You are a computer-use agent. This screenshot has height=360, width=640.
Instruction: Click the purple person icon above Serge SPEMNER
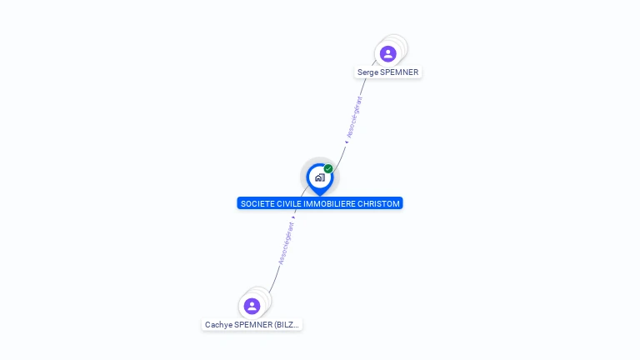(x=387, y=54)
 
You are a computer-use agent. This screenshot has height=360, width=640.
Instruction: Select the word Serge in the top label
(x=367, y=72)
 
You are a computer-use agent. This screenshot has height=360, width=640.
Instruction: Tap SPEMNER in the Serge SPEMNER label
(x=399, y=72)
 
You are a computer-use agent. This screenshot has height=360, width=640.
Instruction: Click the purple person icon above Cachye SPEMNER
(x=252, y=306)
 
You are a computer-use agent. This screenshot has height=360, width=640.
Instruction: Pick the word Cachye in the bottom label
(x=218, y=325)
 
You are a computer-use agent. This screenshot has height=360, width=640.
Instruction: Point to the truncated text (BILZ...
(x=287, y=325)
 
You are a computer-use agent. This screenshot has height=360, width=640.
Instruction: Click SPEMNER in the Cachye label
(x=253, y=325)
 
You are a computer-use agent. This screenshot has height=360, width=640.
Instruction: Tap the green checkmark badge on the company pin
(x=328, y=169)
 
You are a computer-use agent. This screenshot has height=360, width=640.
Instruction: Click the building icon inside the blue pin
(x=319, y=177)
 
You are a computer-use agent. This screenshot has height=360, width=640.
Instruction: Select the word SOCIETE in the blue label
(x=255, y=203)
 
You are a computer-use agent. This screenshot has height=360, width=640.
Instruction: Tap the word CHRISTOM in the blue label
(x=380, y=203)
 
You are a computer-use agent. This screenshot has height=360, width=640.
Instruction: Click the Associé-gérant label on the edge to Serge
(x=355, y=117)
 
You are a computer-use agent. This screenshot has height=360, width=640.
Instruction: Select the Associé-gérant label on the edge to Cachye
(x=286, y=242)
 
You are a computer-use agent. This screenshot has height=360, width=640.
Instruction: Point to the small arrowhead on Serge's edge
(x=346, y=142)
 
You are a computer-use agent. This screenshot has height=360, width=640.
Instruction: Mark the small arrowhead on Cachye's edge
(x=293, y=217)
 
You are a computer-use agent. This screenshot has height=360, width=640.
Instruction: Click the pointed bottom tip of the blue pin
(x=319, y=194)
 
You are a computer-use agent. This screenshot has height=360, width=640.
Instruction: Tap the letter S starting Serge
(x=360, y=72)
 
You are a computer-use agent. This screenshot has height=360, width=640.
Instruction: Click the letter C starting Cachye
(x=207, y=325)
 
